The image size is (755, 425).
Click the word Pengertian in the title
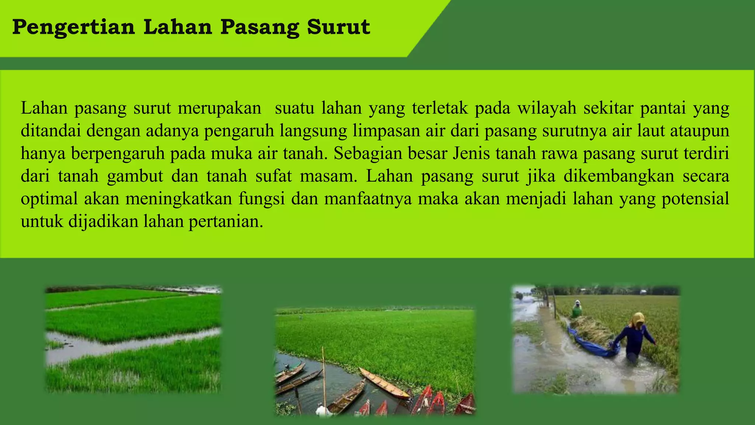pos(74,28)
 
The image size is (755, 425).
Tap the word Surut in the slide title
pos(338,27)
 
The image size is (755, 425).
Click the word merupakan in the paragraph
pos(219,108)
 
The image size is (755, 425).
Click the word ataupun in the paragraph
pos(699,131)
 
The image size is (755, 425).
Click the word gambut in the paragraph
pos(135,176)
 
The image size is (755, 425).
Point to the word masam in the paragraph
pos(328,176)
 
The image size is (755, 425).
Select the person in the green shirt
pos(577,309)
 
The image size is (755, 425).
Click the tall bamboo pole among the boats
pos(324,376)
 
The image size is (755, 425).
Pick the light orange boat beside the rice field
pos(383,384)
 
